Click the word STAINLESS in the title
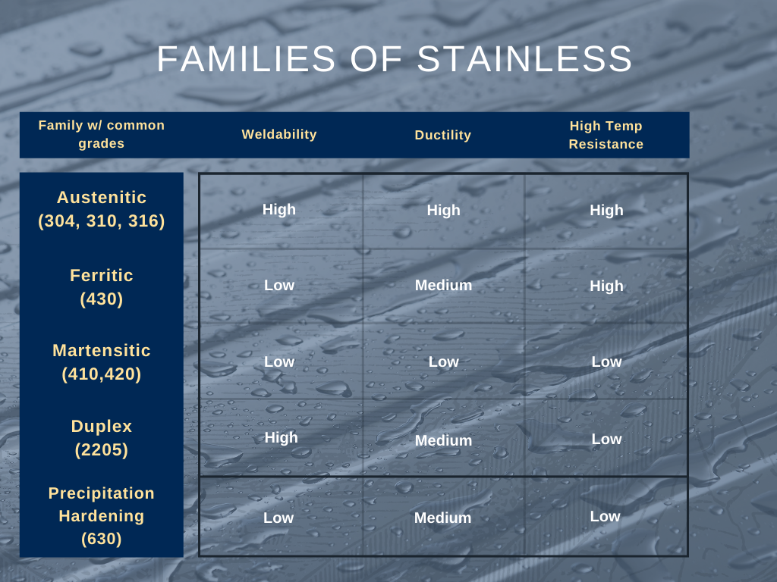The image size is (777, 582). [525, 59]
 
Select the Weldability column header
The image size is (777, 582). [279, 134]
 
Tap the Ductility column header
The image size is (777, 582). [443, 135]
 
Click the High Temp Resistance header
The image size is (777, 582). [606, 135]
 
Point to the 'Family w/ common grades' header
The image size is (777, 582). [102, 134]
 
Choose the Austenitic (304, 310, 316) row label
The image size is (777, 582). [102, 209]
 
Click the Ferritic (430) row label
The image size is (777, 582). [102, 286]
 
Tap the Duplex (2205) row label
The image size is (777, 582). [102, 437]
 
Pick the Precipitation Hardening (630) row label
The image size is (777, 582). [102, 515]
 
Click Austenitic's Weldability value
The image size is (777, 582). [279, 210]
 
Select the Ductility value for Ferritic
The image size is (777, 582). [443, 286]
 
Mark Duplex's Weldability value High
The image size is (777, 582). [281, 437]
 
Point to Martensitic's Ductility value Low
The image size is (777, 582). [443, 362]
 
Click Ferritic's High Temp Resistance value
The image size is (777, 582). [606, 286]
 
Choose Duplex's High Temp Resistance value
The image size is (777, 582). [606, 439]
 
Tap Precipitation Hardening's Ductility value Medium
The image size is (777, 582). [442, 518]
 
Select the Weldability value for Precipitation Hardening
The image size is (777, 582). [278, 518]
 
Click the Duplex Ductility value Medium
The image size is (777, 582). [443, 440]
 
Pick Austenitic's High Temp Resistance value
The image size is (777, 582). [606, 211]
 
